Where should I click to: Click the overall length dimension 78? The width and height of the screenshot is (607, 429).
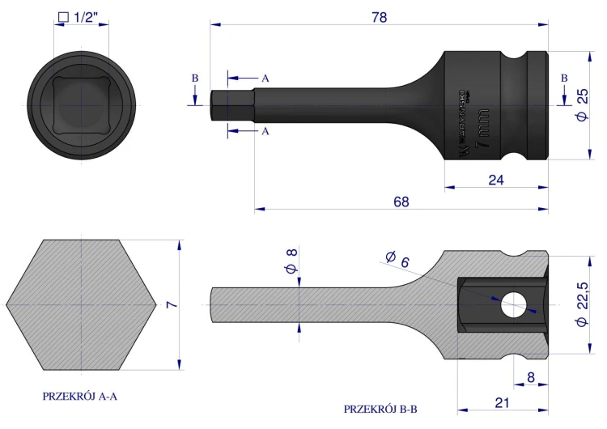click(x=379, y=18)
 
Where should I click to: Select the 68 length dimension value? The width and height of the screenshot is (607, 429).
click(x=401, y=202)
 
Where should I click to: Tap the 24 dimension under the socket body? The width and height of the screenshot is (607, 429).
click(x=496, y=180)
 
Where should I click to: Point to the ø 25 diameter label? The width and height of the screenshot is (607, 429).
click(x=582, y=105)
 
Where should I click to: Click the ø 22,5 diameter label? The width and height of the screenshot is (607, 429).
click(x=582, y=304)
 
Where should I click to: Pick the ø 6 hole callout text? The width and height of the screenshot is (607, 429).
click(x=397, y=259)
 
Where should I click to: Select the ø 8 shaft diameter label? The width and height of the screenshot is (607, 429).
click(x=292, y=261)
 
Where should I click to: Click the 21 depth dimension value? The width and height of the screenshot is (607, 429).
click(x=502, y=403)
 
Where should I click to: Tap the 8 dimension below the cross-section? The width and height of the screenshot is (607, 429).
click(x=531, y=377)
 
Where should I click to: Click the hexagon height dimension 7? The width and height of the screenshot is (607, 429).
click(x=172, y=304)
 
